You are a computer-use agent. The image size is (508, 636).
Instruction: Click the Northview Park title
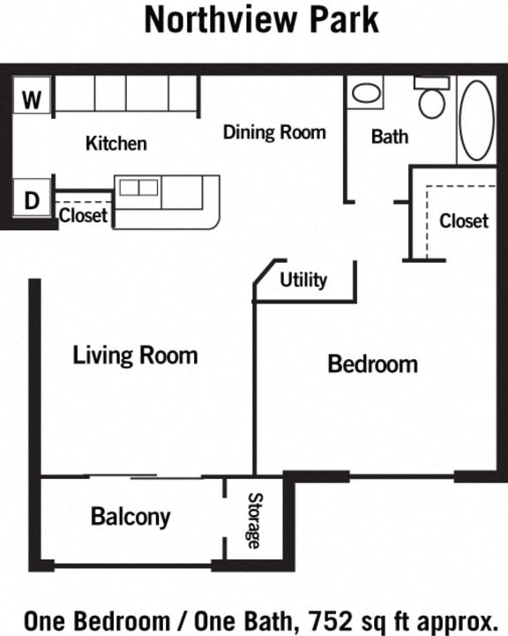click(x=261, y=19)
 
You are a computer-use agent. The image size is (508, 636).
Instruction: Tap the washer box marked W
click(x=33, y=101)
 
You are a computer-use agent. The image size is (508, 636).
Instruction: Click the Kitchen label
click(x=116, y=143)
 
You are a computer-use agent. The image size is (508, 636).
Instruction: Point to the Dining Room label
click(x=274, y=133)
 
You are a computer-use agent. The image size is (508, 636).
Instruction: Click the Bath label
click(x=390, y=137)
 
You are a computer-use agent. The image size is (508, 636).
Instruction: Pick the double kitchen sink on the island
click(x=138, y=187)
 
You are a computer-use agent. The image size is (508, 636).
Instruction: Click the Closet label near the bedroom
click(x=464, y=220)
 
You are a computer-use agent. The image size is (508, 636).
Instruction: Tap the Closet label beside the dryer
click(x=83, y=215)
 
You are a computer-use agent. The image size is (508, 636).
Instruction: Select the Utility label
click(x=303, y=281)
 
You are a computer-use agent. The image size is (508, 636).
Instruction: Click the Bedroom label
click(x=372, y=363)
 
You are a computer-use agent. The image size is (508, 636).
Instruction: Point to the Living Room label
click(x=135, y=355)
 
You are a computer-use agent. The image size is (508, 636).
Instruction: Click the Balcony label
click(x=131, y=517)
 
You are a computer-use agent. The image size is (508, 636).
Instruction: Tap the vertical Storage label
click(x=254, y=520)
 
